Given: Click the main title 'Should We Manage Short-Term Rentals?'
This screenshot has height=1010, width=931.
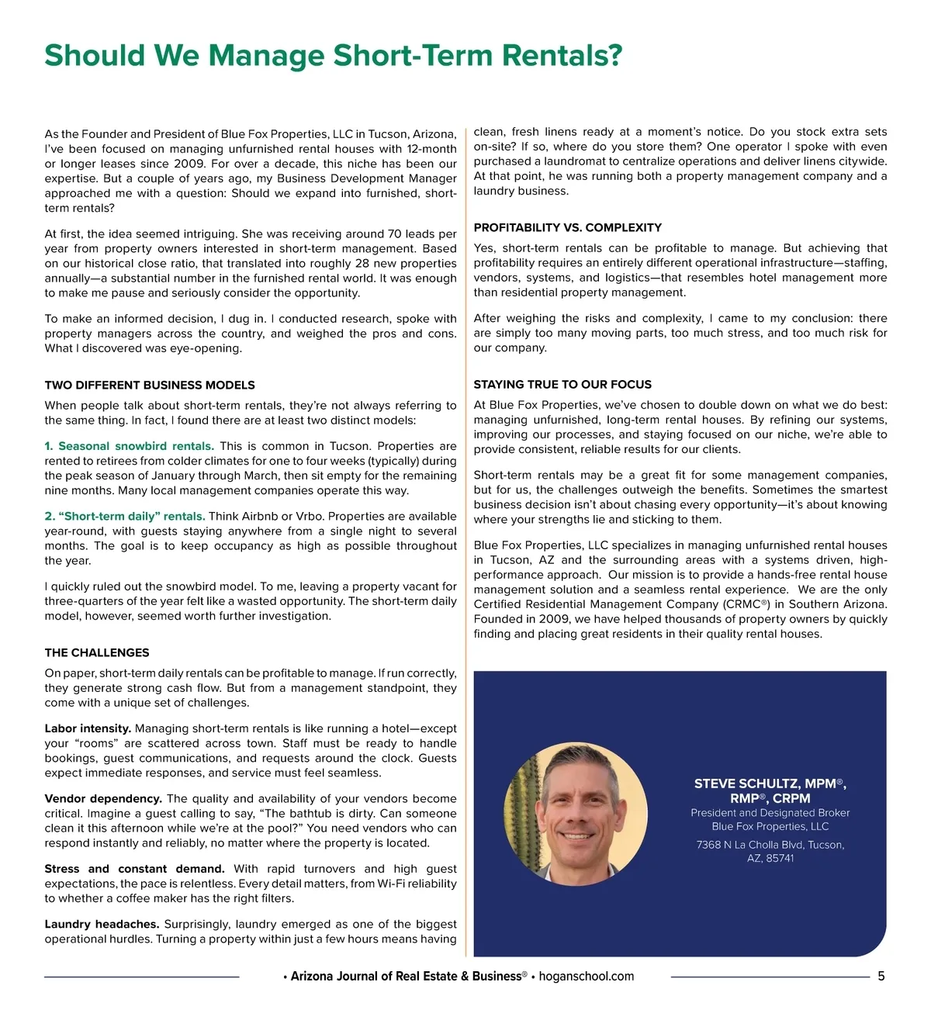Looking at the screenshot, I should pos(333,56).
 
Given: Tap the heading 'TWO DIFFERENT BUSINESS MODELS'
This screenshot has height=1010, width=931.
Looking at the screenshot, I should pos(150,385).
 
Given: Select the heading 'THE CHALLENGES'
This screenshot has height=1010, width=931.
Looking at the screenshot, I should pos(97,652).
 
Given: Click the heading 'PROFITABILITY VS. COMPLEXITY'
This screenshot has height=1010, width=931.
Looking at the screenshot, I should pos(567,227).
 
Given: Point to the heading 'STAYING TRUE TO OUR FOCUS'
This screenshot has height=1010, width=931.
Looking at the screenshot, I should pos(562,384).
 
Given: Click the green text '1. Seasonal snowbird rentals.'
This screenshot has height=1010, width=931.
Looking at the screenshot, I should pos(129,446).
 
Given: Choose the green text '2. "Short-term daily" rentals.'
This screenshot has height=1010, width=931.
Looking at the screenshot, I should pos(125,516).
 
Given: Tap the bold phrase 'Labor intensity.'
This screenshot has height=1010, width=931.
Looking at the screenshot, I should pos(88,728).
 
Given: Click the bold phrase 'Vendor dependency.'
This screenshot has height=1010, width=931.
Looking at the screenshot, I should pos(103,798).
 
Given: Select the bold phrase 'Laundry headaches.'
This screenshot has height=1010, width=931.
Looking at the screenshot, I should pos(102,924).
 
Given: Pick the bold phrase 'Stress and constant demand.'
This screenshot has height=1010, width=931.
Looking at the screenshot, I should pos(134,869).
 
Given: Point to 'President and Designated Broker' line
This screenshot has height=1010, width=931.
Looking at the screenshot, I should pos(770,813).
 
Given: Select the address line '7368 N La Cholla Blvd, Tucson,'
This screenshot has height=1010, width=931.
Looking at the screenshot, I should pos(770,845).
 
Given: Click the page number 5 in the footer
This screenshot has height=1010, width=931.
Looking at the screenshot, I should pos(881,976).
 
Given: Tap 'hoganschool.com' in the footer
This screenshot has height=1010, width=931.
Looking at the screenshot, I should pos(586,976).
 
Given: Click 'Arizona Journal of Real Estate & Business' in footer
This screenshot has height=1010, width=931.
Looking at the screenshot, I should pos(406,976).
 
